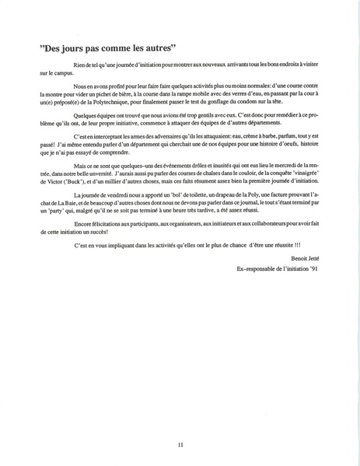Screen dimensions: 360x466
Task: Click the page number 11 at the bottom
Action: (180, 445)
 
